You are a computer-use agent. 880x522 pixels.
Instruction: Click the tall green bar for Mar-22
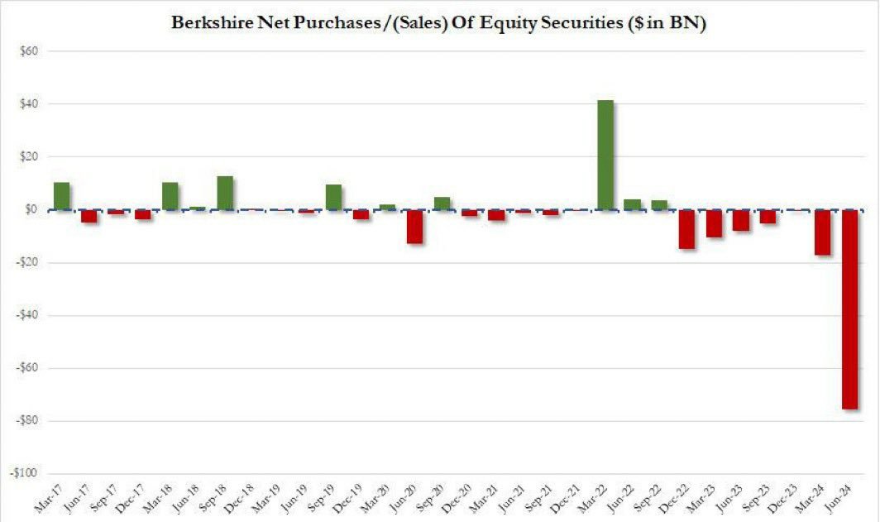(x=605, y=155)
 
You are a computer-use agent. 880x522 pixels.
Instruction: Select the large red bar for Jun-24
(x=850, y=309)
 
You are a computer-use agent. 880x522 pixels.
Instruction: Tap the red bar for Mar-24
(x=823, y=232)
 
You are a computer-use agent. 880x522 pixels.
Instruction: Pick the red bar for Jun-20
(x=415, y=227)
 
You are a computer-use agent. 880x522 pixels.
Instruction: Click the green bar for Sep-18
(x=225, y=194)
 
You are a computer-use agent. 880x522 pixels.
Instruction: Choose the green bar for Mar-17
(x=62, y=196)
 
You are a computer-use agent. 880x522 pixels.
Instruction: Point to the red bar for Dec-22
(x=687, y=229)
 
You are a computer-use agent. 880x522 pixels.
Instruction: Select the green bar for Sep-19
(x=333, y=197)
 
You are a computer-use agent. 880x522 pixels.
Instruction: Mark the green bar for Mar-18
(x=170, y=196)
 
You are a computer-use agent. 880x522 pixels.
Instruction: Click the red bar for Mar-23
(x=714, y=223)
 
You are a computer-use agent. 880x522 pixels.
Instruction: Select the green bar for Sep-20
(x=442, y=204)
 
